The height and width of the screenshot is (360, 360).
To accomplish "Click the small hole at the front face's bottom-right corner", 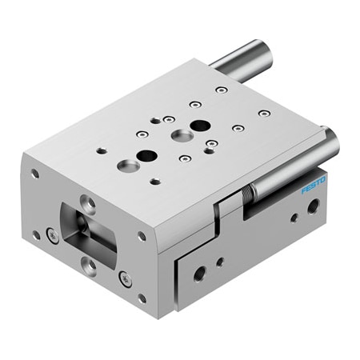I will [142, 298].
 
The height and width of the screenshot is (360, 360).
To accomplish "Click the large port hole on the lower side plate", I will [199, 272].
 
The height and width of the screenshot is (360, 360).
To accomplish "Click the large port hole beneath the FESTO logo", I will [313, 206].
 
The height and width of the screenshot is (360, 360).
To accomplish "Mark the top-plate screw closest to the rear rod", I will [221, 90].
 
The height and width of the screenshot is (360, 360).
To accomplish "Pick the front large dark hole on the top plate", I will [146, 155].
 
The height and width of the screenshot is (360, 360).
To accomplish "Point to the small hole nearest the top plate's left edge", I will [100, 149].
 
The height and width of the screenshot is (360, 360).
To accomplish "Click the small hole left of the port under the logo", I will [294, 217].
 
